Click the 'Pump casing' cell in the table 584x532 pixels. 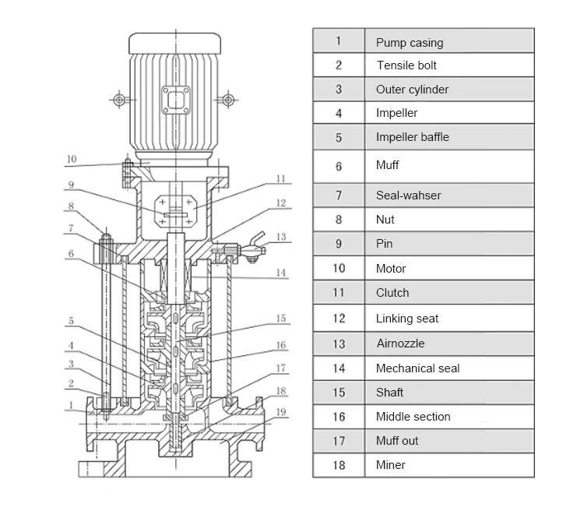click(409, 43)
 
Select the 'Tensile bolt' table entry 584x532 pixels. click(401, 66)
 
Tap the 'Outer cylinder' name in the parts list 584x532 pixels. click(412, 90)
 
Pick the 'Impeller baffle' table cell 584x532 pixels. click(412, 137)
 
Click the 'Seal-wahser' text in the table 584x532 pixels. click(408, 196)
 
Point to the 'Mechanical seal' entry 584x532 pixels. click(417, 368)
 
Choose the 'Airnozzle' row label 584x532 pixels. click(400, 344)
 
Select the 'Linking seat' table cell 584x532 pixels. click(407, 319)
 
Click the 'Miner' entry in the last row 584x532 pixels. click(390, 465)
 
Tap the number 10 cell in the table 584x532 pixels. click(339, 269)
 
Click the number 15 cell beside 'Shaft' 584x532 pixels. click(339, 393)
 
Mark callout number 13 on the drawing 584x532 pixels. click(281, 238)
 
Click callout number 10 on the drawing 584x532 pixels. click(71, 160)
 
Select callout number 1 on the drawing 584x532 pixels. click(71, 404)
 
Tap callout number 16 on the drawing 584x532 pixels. click(281, 345)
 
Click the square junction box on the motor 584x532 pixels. click(175, 100)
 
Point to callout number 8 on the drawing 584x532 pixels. click(71, 207)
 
